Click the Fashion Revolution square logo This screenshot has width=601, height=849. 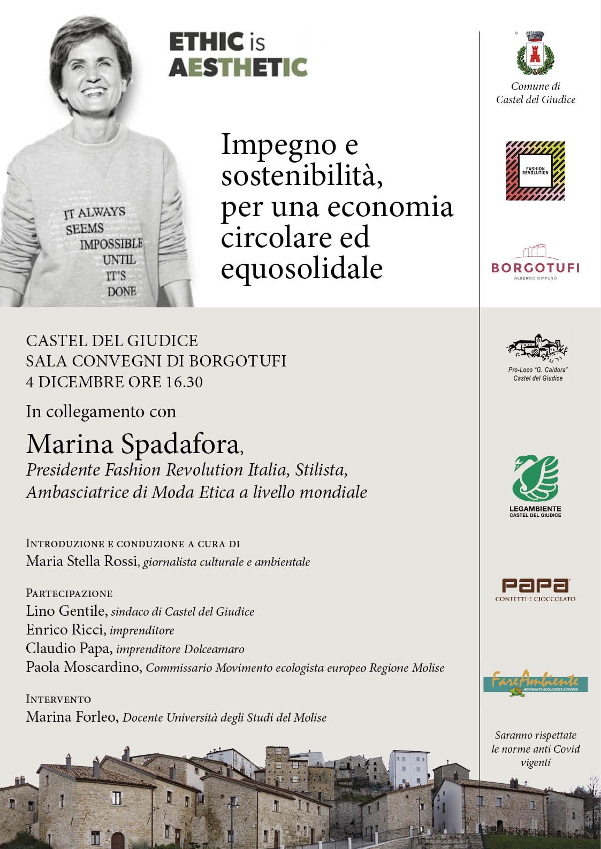click(535, 171)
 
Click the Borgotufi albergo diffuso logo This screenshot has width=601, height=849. click(535, 263)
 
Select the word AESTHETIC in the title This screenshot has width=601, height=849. click(238, 68)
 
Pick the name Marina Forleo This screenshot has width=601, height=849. click(71, 717)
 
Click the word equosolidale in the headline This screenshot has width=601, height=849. click(302, 268)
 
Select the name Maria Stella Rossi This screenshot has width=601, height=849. click(82, 562)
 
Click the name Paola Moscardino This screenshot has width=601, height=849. click(83, 668)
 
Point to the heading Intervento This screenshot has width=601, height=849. click(58, 699)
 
